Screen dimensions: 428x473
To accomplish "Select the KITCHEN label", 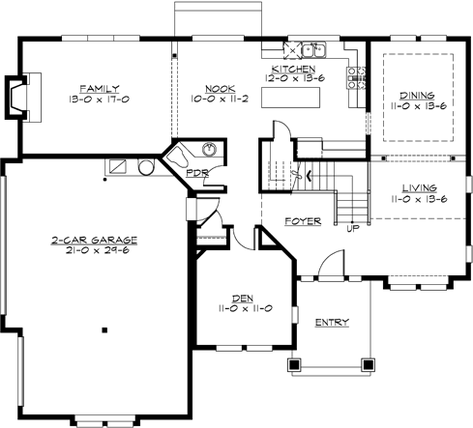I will point(293,70).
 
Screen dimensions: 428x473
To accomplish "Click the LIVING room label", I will point(414,187).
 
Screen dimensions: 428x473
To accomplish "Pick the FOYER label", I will point(302,221).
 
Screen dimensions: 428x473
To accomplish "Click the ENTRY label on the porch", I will point(332,322).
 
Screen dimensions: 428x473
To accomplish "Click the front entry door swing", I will point(330,260).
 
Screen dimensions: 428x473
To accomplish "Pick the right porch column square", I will point(368,365).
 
